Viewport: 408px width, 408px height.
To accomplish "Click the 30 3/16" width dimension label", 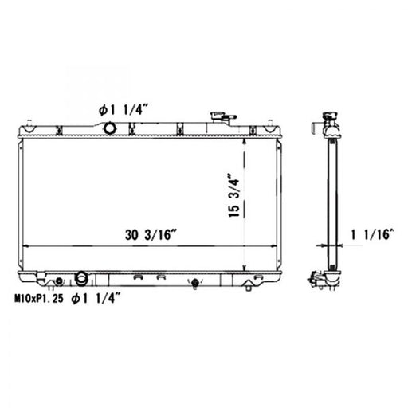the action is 151,234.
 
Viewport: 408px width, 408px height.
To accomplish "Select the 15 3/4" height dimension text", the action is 234,195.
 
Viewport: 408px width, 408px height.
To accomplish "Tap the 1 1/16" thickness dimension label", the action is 372,234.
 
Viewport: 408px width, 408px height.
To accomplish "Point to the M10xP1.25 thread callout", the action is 39,299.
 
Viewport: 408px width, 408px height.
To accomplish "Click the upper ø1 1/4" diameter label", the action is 123,110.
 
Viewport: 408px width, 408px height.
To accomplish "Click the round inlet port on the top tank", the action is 110,128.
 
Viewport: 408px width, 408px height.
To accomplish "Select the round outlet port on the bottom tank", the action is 81,278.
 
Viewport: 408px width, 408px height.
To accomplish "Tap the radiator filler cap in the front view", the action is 218,116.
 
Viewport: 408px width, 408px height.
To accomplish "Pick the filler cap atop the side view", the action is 330,116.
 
